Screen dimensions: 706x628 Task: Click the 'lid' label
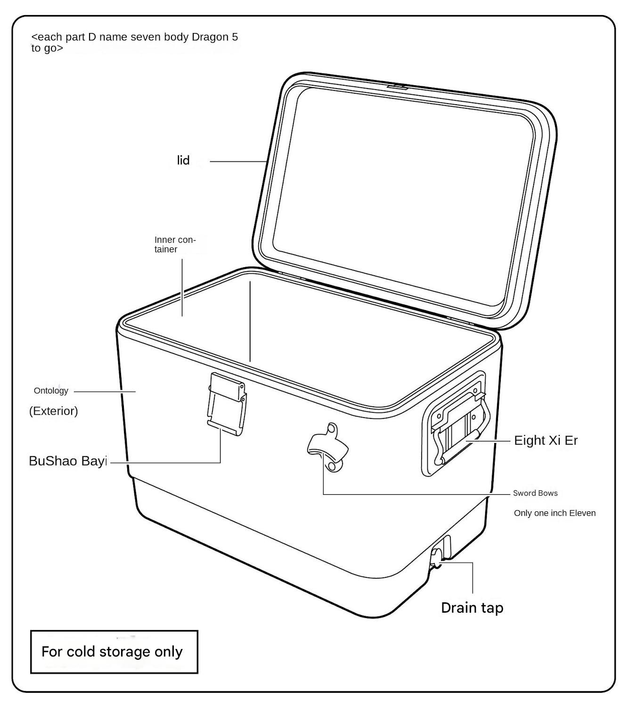point(183,161)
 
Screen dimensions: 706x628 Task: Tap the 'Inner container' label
point(174,245)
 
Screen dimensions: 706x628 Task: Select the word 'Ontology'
point(51,391)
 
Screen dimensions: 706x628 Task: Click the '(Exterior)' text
point(54,411)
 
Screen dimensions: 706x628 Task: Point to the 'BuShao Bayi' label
point(68,461)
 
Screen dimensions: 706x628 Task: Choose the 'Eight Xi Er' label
point(546,441)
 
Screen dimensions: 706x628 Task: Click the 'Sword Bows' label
point(535,493)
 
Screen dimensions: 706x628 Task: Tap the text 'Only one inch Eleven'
point(555,513)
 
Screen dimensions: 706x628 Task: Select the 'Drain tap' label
point(472,608)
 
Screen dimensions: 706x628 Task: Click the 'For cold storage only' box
point(114,652)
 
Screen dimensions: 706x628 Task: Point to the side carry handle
point(459,424)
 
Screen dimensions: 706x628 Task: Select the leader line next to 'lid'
point(238,162)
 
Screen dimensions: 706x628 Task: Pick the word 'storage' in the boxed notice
point(124,652)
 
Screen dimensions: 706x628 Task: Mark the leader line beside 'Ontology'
point(105,391)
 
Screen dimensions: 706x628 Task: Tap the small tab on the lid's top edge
point(398,87)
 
